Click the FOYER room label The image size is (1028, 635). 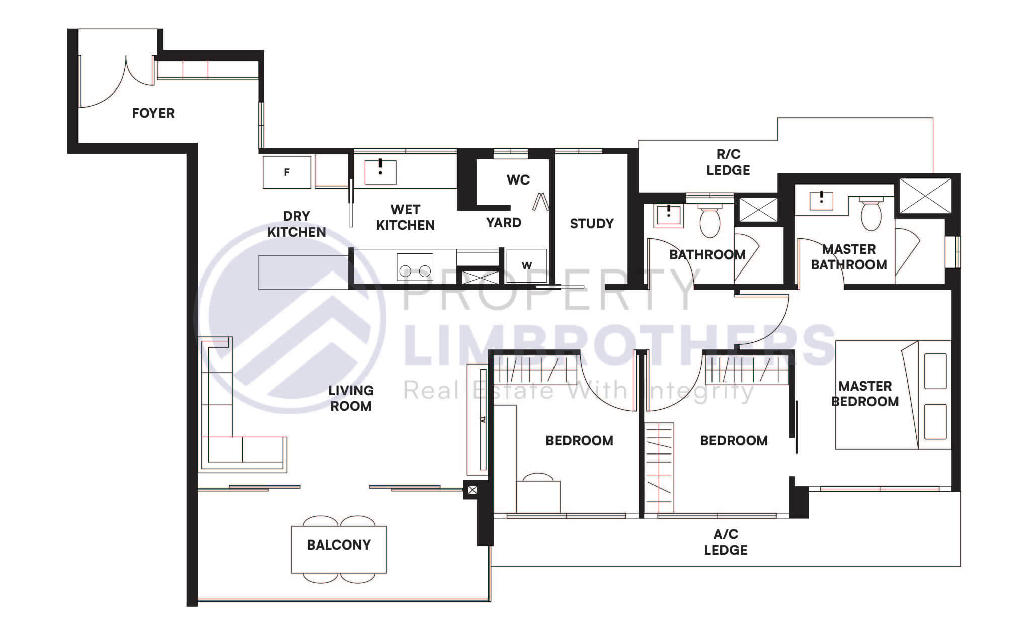(153, 113)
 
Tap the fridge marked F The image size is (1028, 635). (287, 172)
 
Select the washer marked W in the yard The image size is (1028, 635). (526, 265)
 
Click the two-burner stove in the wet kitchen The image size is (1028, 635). (415, 267)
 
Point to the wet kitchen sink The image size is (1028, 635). (380, 172)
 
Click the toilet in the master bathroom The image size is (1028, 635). (871, 214)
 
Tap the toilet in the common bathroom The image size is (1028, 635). (709, 221)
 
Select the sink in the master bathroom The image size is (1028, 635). (821, 200)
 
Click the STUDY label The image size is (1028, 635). (591, 224)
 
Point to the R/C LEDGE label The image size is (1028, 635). (728, 162)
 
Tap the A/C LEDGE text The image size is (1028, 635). (726, 542)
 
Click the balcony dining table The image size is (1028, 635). (339, 550)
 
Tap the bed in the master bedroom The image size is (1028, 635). (893, 395)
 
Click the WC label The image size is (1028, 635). (518, 180)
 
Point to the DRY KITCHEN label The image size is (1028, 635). (296, 224)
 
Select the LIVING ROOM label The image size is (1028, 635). (351, 398)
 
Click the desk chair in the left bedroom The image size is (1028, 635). (538, 477)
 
